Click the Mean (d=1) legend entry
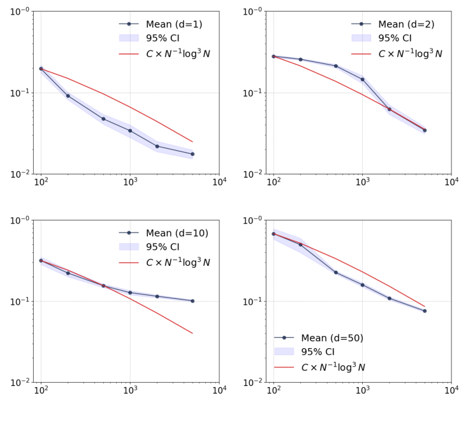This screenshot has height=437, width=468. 173,24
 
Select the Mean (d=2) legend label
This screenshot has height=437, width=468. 406,24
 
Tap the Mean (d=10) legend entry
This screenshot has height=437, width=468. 177,233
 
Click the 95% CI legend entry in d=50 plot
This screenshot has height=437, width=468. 312,352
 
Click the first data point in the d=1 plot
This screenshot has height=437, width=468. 41,68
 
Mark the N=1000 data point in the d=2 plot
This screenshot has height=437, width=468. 363,79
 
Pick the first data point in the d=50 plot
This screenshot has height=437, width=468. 274,234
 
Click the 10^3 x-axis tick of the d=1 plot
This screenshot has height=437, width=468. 130,182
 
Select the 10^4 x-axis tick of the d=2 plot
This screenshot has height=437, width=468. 451,182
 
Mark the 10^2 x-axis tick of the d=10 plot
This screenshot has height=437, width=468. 41,391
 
